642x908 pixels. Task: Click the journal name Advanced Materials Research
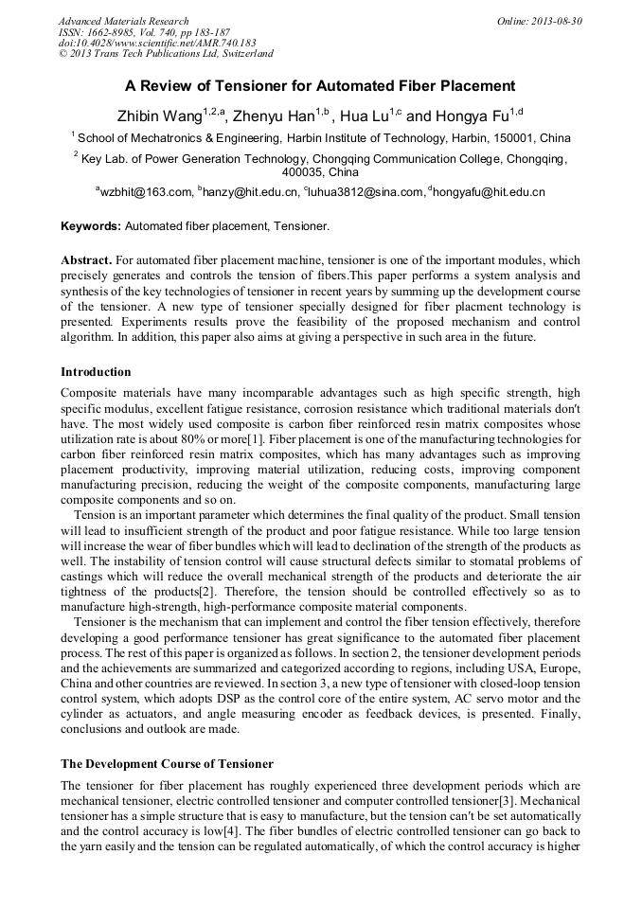123,21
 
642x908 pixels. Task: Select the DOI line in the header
156,43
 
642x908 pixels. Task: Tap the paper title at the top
320,86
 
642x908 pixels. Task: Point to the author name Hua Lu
366,117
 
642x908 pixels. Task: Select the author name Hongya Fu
471,117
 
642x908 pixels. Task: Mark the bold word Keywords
91,227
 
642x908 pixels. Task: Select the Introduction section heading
96,372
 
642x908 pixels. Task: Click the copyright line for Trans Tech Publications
166,54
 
